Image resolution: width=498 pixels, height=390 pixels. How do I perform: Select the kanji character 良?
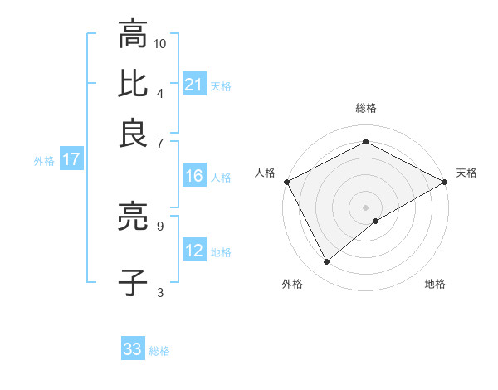133,133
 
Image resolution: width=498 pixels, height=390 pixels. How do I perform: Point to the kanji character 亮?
133,218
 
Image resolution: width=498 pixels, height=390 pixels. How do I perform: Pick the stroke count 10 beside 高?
161,43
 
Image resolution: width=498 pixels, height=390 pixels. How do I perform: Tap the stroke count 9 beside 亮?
159,224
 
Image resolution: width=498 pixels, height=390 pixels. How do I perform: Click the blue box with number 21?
194,84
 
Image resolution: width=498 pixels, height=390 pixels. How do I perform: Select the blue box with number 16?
194,176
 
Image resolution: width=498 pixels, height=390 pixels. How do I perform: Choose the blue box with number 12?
194,251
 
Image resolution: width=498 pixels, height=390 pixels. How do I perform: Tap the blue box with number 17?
71,159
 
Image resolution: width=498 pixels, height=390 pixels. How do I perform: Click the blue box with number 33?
133,349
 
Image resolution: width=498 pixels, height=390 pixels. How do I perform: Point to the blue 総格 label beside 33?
159,351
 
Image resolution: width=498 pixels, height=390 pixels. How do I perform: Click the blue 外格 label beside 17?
43,161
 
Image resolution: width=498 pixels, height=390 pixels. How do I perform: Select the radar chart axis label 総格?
366,108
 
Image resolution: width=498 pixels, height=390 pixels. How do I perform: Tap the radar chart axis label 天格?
466,173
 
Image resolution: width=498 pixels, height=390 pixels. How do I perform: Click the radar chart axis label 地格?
435,285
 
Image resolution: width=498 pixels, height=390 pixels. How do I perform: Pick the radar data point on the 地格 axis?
376,221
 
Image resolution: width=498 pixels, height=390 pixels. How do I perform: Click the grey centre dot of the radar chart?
365,207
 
